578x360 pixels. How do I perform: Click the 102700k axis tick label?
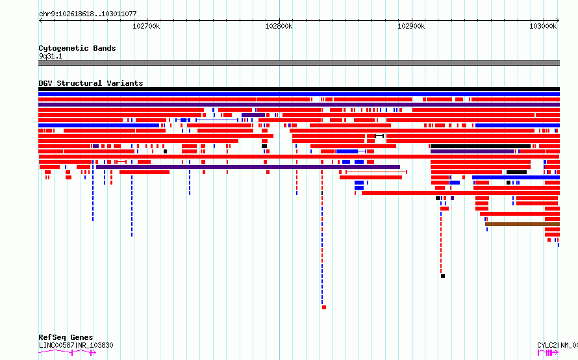[146, 26]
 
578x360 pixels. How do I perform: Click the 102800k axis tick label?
[279, 26]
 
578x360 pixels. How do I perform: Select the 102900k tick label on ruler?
[411, 26]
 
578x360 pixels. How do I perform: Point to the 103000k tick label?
[543, 26]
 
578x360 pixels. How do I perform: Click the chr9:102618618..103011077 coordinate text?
[88, 14]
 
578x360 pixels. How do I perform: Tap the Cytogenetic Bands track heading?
[77, 48]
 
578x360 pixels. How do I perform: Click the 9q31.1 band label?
[51, 56]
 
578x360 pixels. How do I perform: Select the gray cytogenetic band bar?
[299, 63]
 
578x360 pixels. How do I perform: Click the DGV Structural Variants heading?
[91, 83]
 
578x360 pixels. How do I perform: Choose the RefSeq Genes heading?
[66, 337]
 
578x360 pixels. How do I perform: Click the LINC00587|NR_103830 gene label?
[76, 345]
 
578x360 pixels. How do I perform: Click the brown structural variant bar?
[522, 224]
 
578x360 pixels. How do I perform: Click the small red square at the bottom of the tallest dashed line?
[324, 307]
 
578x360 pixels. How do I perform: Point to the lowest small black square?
[443, 276]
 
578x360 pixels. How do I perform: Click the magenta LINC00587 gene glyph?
[67, 353]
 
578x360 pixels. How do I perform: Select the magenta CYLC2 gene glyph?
[549, 353]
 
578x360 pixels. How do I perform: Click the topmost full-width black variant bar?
[299, 89]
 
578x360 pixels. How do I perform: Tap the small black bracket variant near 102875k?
[379, 136]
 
